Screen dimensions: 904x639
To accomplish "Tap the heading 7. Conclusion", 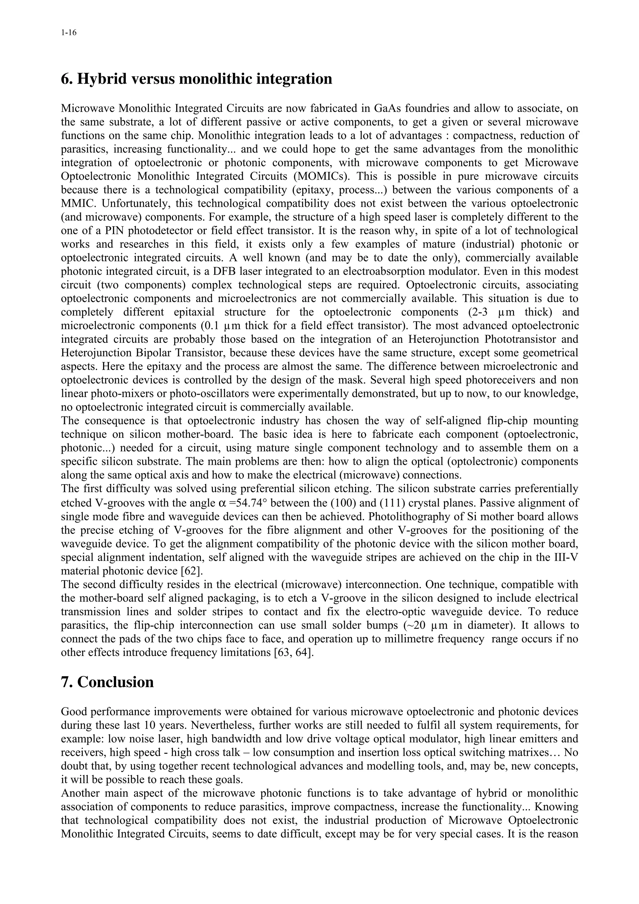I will pyautogui.click(x=107, y=682).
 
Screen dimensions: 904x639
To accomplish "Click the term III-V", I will pyautogui.click(x=566, y=557).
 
